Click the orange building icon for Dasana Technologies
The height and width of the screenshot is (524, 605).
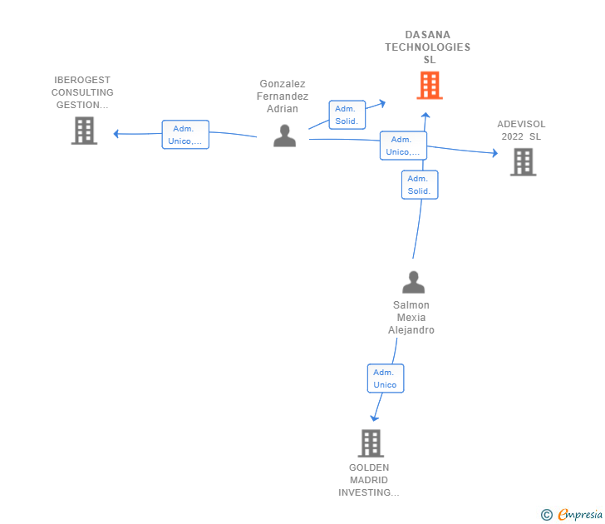tap(430, 85)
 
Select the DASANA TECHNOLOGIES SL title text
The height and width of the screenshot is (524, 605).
tap(427, 47)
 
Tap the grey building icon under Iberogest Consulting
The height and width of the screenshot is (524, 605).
tap(84, 131)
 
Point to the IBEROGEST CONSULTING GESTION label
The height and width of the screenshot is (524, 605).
tap(82, 92)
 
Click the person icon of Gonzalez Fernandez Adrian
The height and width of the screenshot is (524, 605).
tap(284, 136)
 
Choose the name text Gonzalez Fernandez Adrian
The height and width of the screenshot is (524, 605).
tap(283, 96)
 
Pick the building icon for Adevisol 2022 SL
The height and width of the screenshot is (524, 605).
tap(523, 161)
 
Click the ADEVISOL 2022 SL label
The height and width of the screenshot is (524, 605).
tap(521, 131)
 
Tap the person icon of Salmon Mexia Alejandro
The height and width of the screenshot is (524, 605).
tap(413, 283)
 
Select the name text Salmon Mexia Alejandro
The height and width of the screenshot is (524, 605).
tap(411, 318)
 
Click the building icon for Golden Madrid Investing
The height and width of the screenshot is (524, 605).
tap(371, 443)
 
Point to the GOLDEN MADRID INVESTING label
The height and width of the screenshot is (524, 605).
tap(369, 480)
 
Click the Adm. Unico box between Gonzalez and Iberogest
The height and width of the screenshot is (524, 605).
tap(185, 135)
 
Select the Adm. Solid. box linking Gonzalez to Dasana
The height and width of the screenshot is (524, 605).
tap(347, 115)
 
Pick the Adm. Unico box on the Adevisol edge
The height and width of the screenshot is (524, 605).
tap(403, 146)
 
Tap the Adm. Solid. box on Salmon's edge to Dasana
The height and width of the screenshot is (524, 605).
tap(419, 185)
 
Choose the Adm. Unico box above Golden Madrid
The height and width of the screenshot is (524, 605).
tap(385, 378)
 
